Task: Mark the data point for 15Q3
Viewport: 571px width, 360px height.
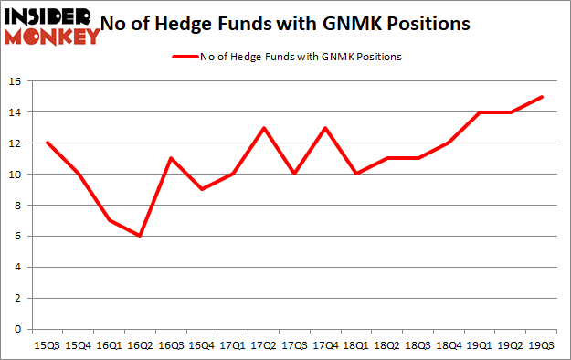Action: tap(48, 143)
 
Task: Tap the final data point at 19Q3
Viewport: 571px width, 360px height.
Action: tap(540, 96)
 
